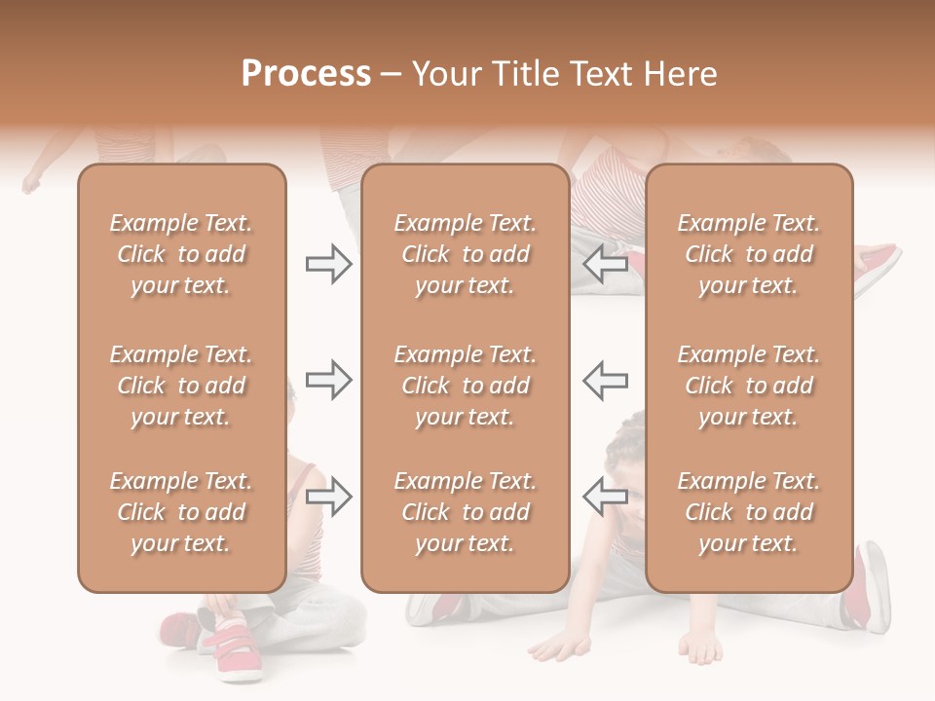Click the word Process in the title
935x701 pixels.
[306, 74]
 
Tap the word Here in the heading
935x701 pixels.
[680, 74]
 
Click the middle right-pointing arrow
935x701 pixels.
[328, 380]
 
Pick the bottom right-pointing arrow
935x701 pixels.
[328, 497]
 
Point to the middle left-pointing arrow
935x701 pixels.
[606, 380]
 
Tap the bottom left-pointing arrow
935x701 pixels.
[606, 497]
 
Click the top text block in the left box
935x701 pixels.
[181, 254]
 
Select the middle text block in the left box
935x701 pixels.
[181, 386]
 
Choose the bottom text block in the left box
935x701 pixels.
[181, 512]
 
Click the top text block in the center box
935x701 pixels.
[465, 254]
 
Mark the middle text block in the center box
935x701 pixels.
[465, 386]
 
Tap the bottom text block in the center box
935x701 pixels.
[465, 512]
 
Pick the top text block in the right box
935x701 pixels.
[749, 254]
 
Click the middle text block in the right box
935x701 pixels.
[749, 386]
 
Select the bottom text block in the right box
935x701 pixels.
[749, 512]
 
